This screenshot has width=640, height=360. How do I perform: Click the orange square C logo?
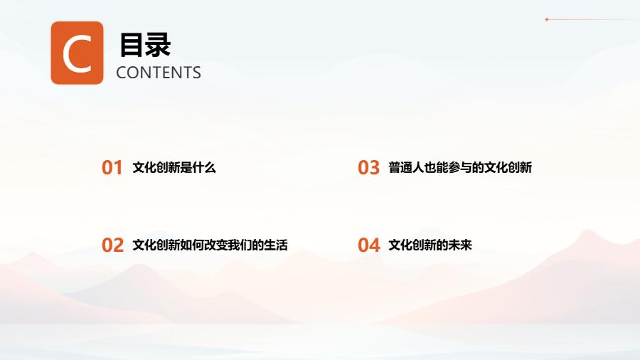point(77,53)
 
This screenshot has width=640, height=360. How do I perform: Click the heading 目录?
point(145,45)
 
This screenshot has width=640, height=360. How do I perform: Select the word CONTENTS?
point(159,73)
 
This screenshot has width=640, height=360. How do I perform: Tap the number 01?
point(112,168)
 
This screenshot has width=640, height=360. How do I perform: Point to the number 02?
point(112,245)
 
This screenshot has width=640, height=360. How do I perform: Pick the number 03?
point(368,168)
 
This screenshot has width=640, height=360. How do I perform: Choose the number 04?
point(369,245)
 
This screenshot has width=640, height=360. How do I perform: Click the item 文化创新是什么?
point(174,167)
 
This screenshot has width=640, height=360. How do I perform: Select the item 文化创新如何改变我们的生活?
point(210,245)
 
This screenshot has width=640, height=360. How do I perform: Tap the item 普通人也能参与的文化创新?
point(460,167)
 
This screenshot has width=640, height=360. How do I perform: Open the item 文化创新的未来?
point(430,245)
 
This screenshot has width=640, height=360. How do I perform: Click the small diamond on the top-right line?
point(547,19)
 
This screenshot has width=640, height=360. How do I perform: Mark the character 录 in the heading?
point(158,45)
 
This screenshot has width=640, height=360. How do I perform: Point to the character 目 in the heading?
point(132,45)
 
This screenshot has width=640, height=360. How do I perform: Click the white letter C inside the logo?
point(77,53)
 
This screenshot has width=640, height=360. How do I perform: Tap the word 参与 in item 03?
point(460,167)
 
